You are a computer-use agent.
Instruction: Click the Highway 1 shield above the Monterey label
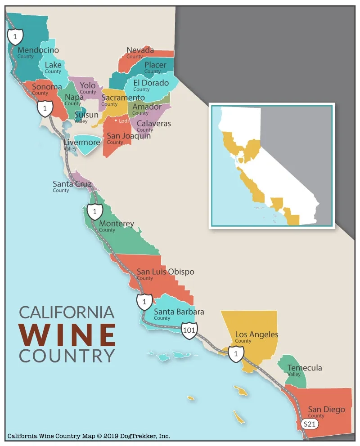[94, 210]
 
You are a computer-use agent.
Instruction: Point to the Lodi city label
[124, 120]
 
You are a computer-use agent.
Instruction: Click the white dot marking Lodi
[116, 120]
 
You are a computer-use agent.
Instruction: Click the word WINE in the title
[67, 333]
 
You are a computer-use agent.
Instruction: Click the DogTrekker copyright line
[88, 436]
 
